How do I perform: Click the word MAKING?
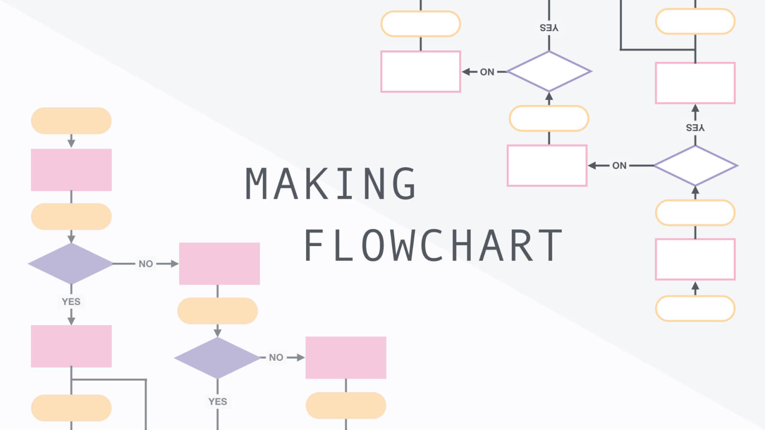pos(331,183)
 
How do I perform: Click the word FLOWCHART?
pos(433,246)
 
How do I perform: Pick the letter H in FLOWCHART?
pos(462,246)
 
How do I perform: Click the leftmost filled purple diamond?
pos(71,264)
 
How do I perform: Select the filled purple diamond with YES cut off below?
pos(218,358)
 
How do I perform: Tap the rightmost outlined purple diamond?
pos(695,166)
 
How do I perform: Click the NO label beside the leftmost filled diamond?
pos(146,264)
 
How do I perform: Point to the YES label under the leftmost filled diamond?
pos(71,301)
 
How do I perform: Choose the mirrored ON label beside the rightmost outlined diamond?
pos(619,166)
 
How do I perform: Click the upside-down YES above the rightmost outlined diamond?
pos(695,128)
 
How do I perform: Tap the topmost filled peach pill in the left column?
pos(71,121)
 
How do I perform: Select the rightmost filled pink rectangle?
pos(346,358)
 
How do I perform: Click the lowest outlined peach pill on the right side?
pos(695,309)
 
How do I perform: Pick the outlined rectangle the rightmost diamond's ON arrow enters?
pos(547,166)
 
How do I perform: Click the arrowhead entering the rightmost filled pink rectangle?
pos(300,357)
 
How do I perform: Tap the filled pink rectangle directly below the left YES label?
pos(71,346)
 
